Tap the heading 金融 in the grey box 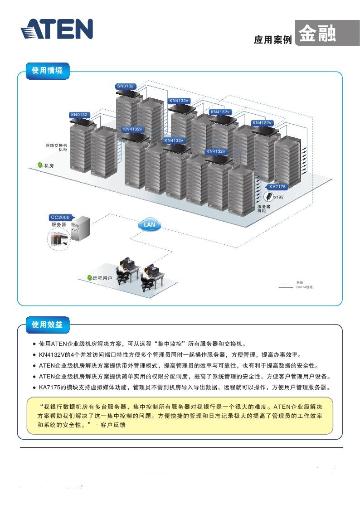(317, 34)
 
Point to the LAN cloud (149, 224)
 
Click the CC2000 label (60, 217)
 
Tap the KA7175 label (277, 187)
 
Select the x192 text (279, 197)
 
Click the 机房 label (49, 166)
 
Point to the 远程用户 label (102, 278)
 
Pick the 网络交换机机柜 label (57, 147)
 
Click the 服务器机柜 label (264, 208)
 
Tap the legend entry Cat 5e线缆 (304, 287)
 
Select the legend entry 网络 (300, 283)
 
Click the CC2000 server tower (82, 229)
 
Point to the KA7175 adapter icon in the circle (269, 197)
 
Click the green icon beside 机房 (40, 166)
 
